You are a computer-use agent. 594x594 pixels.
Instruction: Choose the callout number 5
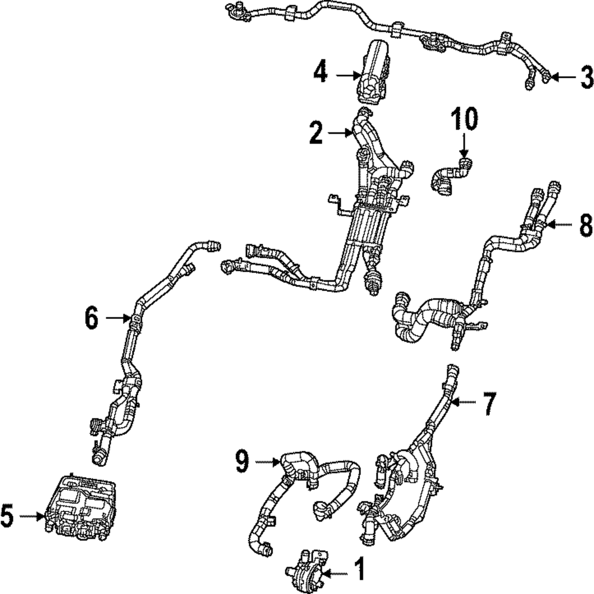tap(7, 516)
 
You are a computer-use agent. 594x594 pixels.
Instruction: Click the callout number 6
tap(90, 319)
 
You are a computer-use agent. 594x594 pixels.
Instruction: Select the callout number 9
tap(241, 461)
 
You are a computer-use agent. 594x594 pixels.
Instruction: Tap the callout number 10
tap(465, 120)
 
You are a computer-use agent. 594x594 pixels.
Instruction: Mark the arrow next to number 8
tap(561, 225)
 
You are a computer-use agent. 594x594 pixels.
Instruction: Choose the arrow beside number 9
tap(266, 461)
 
